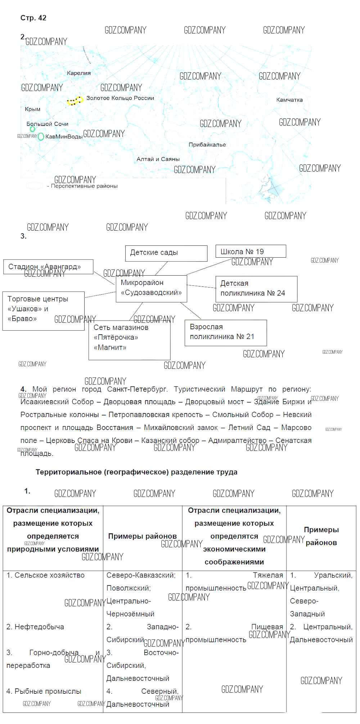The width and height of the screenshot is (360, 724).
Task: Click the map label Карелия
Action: click(79, 73)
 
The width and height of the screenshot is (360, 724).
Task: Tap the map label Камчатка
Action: click(289, 100)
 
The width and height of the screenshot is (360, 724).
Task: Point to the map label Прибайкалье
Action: click(207, 145)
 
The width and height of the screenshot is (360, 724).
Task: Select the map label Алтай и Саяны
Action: click(158, 159)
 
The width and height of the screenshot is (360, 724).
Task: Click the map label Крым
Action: click(33, 109)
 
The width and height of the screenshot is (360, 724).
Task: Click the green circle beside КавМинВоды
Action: click(41, 137)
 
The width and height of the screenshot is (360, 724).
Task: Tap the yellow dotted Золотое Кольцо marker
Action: click(75, 101)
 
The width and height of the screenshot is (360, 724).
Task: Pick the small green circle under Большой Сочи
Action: click(32, 129)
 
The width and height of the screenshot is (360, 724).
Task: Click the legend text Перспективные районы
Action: click(84, 186)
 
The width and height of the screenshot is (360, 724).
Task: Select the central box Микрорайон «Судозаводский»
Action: click(151, 288)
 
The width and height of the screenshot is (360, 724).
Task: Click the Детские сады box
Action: click(166, 253)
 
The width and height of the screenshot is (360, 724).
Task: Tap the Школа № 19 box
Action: click(251, 251)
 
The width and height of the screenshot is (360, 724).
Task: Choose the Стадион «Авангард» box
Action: click(48, 267)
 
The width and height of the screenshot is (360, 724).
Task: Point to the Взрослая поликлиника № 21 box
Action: click(226, 332)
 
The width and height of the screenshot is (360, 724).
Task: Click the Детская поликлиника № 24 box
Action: click(256, 289)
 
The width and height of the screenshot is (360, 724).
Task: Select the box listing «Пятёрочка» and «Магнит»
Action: click(129, 340)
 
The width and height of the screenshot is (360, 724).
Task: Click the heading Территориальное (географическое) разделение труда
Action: click(136, 472)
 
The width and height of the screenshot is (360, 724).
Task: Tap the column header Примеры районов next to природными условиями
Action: click(143, 536)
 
